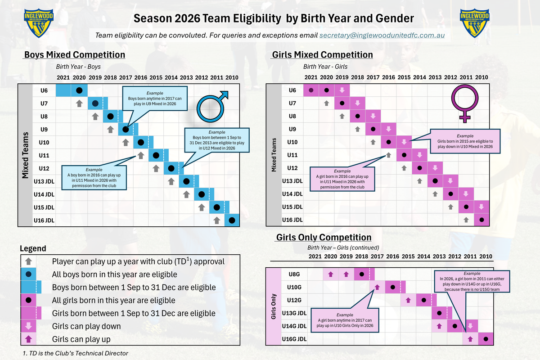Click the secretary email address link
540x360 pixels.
382,35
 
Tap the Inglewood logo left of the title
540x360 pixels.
39,23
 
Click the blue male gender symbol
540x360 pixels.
212,106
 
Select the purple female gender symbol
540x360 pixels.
465,103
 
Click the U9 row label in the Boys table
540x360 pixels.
44,130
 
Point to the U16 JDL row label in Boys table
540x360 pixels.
44,220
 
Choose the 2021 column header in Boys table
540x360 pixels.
63,78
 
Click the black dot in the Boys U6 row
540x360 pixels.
79,90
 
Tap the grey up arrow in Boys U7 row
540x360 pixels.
79,103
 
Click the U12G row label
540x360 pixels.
294,300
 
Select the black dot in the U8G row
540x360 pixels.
362,274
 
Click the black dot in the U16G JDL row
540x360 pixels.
486,339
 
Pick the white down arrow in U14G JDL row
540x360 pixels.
470,326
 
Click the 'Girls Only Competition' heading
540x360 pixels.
324,237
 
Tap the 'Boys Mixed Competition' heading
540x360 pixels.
75,55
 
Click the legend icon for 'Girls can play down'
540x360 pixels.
28,326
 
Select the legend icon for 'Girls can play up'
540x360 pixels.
28,339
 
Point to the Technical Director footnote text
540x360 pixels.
75,353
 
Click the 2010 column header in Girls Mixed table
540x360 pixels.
481,77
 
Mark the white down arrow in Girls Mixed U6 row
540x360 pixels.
342,90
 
